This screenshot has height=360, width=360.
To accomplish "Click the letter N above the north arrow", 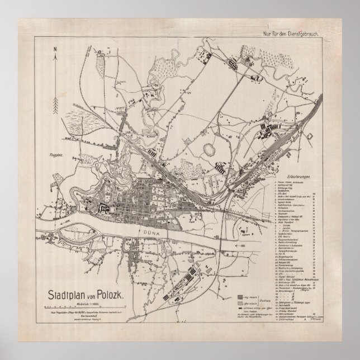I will coord(55,49).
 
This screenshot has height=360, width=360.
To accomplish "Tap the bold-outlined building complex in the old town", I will coord(104,208).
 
